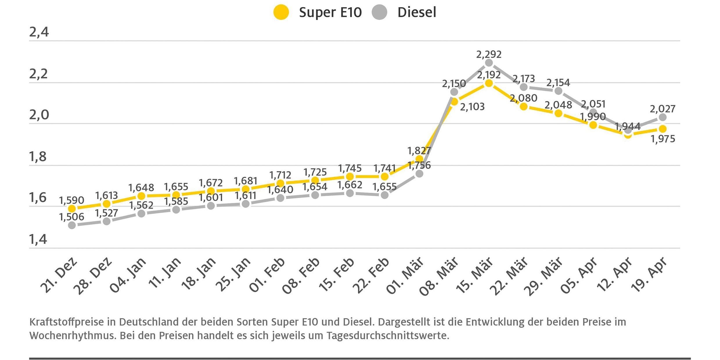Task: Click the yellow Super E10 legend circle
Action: [281, 12]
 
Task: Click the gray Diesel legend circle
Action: [379, 12]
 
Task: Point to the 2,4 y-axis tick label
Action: [39, 32]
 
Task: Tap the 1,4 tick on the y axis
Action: [38, 239]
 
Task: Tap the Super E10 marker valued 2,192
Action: [489, 83]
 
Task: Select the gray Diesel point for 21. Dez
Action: [72, 225]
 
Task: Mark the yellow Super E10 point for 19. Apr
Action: [663, 129]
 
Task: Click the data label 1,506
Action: [71, 217]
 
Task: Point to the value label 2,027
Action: [663, 109]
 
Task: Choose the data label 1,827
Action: [419, 151]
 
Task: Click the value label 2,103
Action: [472, 107]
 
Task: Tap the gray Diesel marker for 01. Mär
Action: [419, 174]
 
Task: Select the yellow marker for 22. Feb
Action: [384, 177]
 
